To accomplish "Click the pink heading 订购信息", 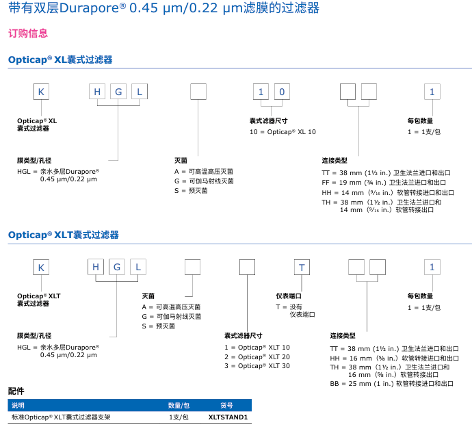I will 28,33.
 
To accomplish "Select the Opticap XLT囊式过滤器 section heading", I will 63,235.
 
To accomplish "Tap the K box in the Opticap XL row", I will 42,92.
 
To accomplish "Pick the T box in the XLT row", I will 302,268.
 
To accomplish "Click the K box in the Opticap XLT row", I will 42,268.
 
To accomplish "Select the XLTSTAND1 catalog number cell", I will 228,416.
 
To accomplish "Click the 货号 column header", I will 226,404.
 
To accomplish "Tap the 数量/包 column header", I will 179,404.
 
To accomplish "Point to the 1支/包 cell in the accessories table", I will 179,416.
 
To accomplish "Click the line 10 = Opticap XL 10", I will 283,131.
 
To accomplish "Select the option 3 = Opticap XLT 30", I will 257,366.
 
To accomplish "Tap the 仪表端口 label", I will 289,296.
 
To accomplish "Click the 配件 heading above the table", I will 16,391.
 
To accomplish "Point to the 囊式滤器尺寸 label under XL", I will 272,120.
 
